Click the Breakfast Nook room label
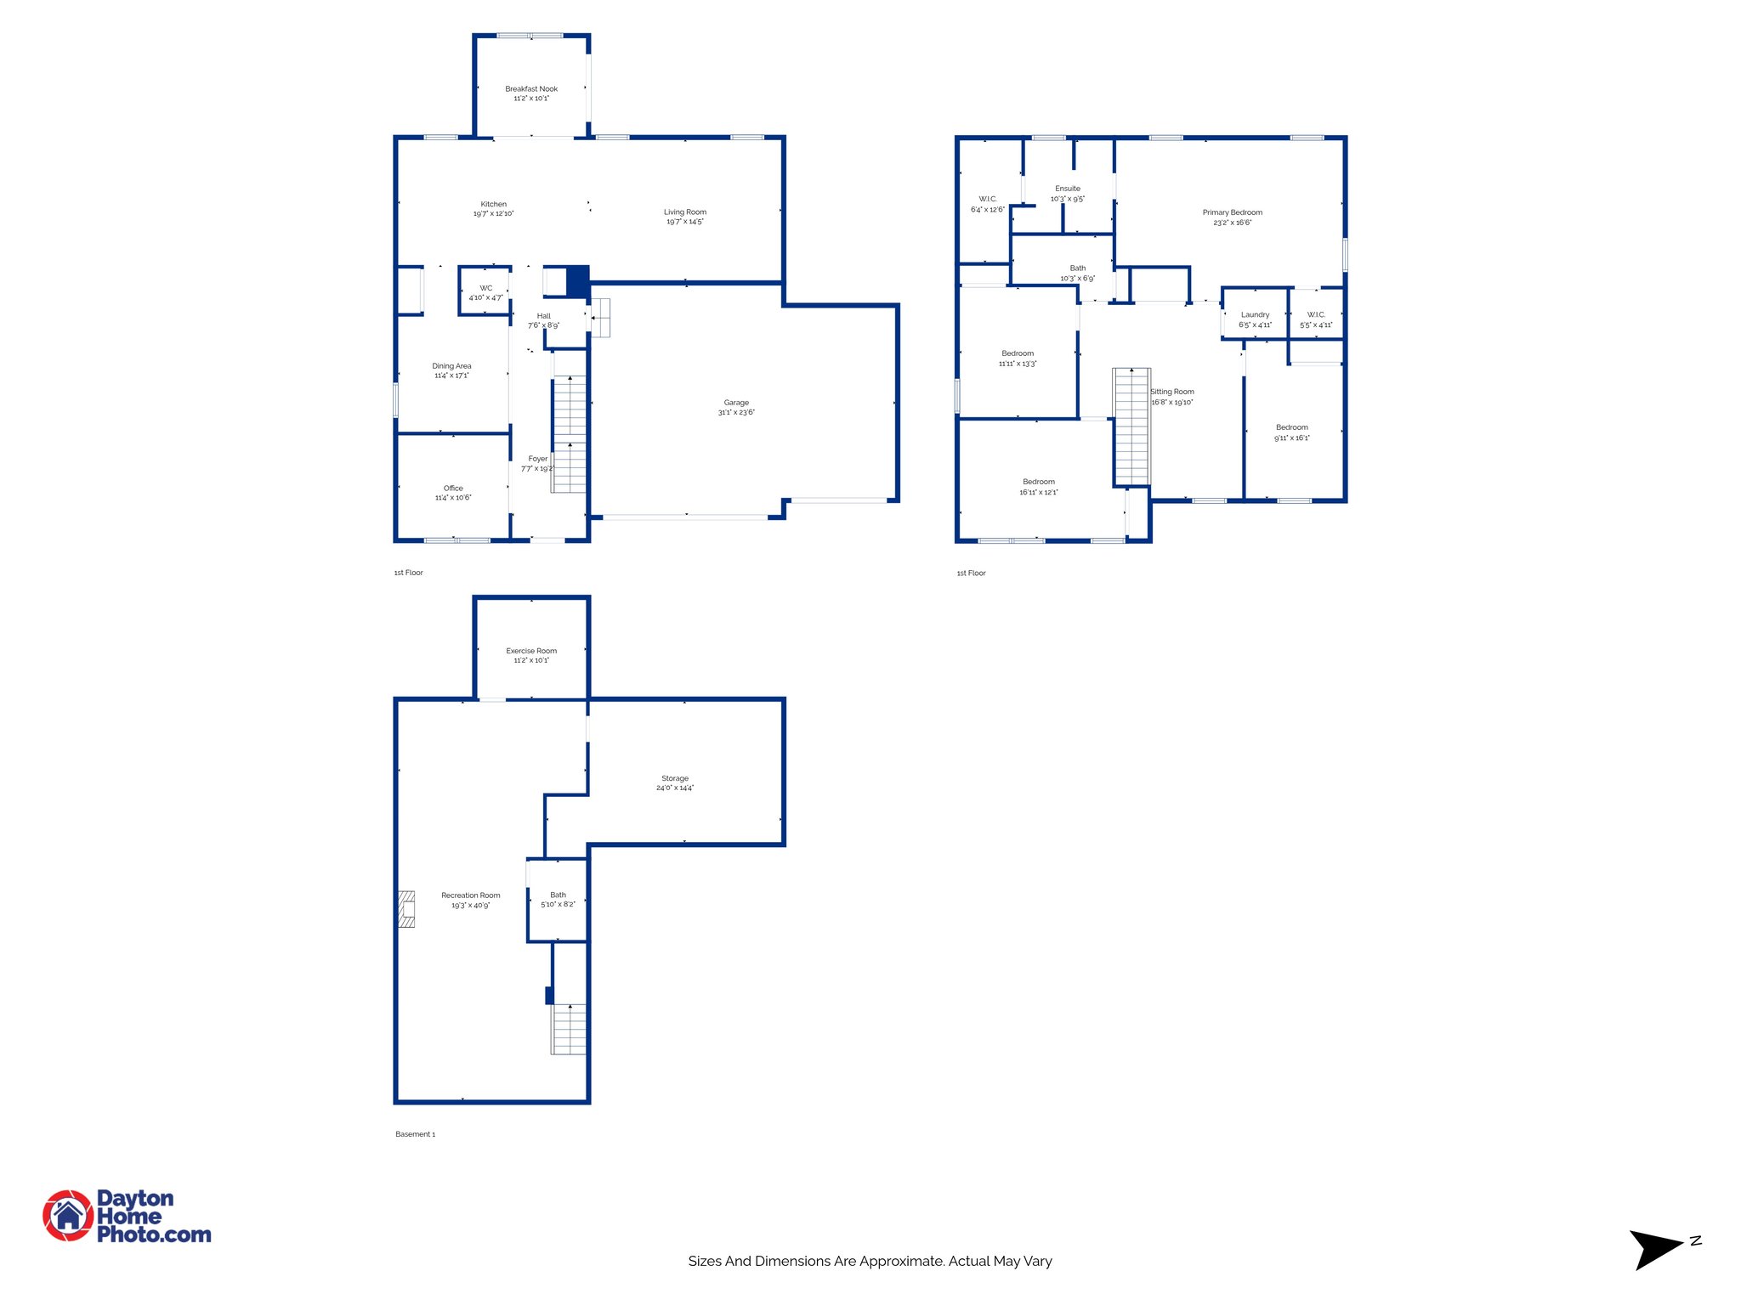[531, 89]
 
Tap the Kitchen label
[493, 205]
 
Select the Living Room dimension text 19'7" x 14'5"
[684, 222]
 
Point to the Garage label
[736, 403]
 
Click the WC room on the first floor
[485, 292]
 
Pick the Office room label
[453, 489]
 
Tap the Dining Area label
[451, 366]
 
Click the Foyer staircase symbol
[570, 433]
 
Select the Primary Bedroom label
[1232, 212]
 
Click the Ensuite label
[1068, 189]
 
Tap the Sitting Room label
[1172, 392]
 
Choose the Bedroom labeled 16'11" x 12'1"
[1039, 487]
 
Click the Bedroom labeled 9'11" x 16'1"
[1291, 432]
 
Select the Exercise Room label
[531, 651]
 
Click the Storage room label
[675, 778]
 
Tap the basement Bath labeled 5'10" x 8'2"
[558, 899]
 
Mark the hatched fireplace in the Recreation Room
[407, 908]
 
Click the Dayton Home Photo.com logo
[128, 1216]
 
